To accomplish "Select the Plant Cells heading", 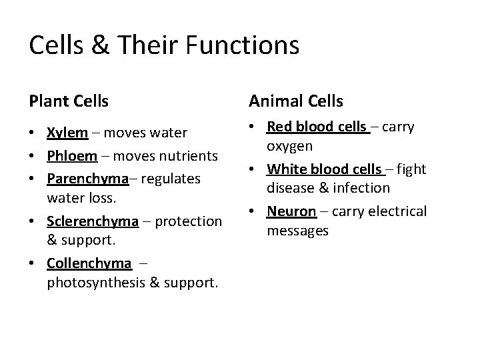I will tap(69, 101).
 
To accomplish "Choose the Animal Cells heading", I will tap(296, 101).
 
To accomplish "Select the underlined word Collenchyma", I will tap(89, 263).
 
